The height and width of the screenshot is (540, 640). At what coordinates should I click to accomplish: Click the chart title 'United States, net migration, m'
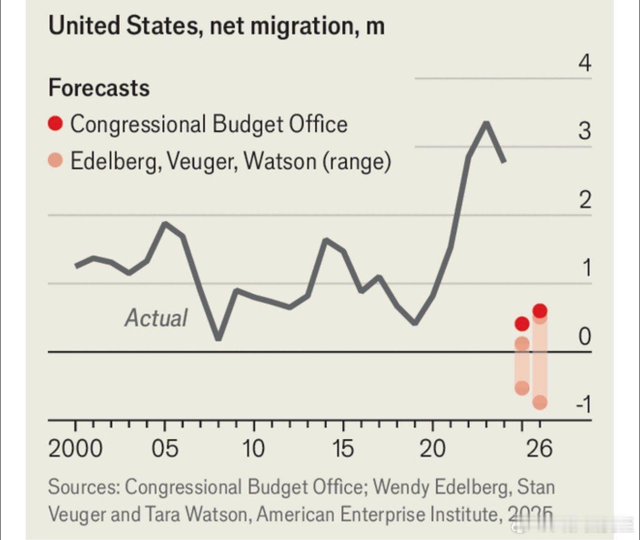click(x=216, y=25)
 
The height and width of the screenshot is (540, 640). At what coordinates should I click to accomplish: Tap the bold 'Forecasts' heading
click(x=99, y=88)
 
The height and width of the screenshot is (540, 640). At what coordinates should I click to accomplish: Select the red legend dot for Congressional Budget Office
click(x=55, y=123)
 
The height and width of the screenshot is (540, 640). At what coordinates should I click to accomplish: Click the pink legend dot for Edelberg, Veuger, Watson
click(x=55, y=161)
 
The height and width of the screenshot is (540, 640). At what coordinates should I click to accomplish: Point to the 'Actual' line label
click(x=156, y=318)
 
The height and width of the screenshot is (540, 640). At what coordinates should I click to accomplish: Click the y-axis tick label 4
click(x=585, y=64)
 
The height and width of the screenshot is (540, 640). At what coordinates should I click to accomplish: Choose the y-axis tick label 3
click(x=585, y=131)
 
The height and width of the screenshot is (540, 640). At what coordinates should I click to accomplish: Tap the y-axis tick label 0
click(x=585, y=336)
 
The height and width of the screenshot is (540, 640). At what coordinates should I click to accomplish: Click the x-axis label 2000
click(x=75, y=449)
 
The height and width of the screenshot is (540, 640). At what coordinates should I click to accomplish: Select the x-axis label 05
click(x=165, y=449)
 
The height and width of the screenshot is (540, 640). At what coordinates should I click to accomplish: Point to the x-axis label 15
click(x=343, y=449)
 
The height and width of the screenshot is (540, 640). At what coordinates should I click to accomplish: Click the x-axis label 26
click(x=539, y=449)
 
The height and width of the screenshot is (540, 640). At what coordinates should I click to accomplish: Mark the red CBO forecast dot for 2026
click(x=540, y=310)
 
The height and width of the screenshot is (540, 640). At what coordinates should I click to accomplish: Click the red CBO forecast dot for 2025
click(x=522, y=324)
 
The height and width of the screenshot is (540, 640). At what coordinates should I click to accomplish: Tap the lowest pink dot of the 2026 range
click(x=540, y=402)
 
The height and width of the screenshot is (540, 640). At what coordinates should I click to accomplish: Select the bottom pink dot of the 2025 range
click(x=522, y=388)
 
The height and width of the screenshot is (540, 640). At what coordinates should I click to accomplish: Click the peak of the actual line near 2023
click(x=486, y=123)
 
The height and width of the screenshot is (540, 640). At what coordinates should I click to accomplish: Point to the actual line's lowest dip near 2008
click(x=218, y=338)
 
